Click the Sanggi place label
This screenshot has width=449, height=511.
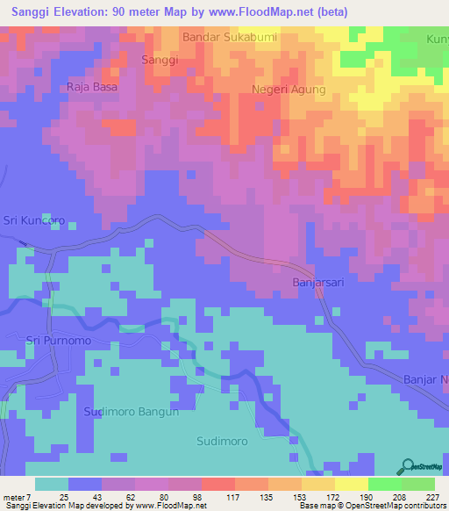[x=160, y=60]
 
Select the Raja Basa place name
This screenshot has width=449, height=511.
[x=92, y=88]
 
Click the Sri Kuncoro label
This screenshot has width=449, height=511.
[x=34, y=220]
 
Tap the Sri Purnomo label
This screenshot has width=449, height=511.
[x=59, y=340]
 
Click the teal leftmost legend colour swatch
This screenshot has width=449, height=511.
[x=52, y=484]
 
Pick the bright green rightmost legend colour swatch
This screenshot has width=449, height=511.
[x=418, y=484]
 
